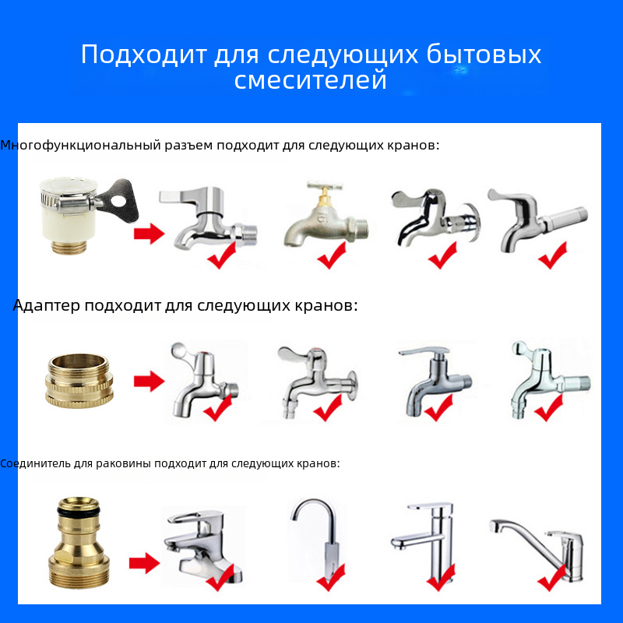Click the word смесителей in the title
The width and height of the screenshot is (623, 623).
tap(310, 80)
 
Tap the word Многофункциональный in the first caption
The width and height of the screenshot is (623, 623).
tap(80, 146)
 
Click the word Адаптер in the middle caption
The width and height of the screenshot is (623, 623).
tap(47, 306)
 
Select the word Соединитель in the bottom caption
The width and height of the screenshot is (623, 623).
tap(35, 463)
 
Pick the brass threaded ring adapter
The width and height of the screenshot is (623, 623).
tap(79, 381)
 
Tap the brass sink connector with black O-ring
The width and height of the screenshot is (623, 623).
tap(79, 542)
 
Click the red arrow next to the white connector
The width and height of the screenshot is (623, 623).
tap(149, 233)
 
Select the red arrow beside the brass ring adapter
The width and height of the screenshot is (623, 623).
tap(149, 382)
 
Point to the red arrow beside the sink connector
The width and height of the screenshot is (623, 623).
tap(144, 563)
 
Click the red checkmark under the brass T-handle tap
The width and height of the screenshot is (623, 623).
tap(332, 255)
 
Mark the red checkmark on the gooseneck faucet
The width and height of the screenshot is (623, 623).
tap(330, 577)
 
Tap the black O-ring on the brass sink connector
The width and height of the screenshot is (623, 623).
tap(79, 511)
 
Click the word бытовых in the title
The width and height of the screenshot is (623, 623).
tap(484, 54)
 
